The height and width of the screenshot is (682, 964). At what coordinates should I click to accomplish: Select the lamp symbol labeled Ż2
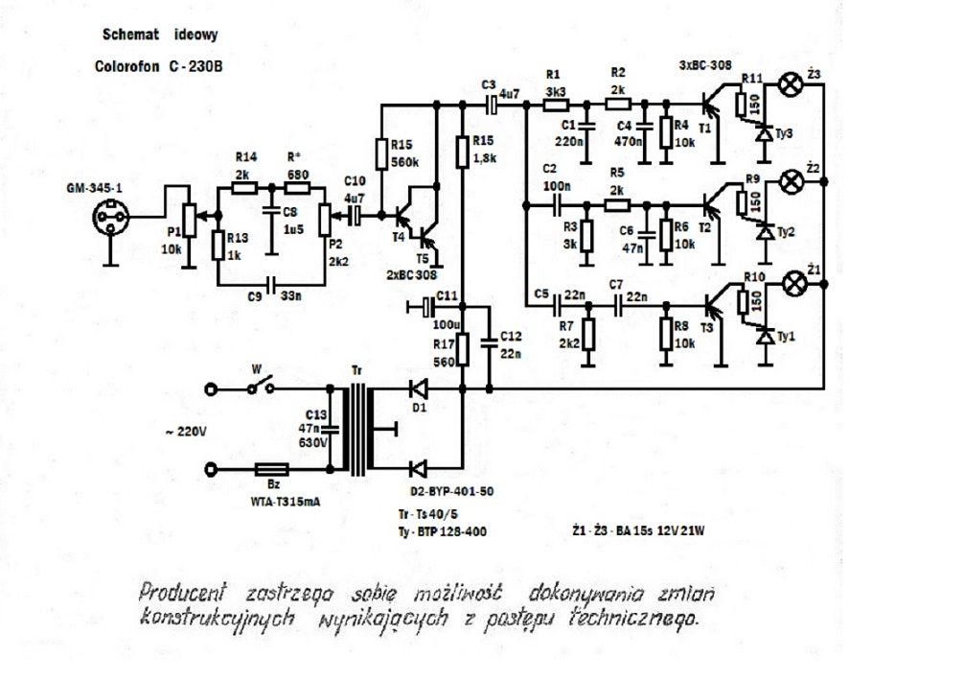coord(791,181)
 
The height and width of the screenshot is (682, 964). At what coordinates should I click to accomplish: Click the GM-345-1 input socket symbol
coord(110,217)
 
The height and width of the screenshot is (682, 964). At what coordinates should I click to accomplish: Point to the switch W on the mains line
coord(261,388)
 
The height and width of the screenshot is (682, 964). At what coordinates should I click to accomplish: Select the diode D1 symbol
coord(420,388)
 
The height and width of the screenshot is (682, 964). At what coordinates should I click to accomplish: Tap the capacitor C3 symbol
coord(492,106)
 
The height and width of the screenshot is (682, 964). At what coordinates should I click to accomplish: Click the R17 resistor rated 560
coord(462,349)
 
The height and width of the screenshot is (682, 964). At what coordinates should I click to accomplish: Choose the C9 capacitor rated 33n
coord(270,285)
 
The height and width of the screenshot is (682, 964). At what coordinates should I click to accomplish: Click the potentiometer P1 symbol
coord(190,220)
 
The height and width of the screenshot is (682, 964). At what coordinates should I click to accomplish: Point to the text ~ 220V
coord(185,432)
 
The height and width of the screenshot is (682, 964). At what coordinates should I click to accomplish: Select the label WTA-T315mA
coord(286,502)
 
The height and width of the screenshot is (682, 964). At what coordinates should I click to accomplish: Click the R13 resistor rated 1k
coord(218,245)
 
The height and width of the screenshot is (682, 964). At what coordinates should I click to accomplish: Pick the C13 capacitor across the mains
coord(331,429)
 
